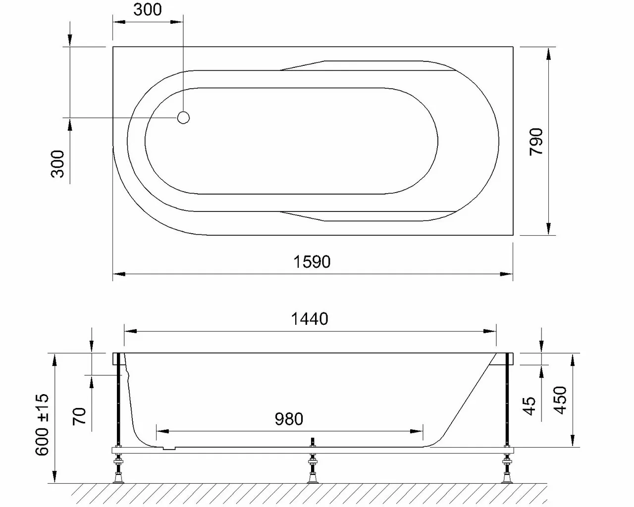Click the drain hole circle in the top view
183,117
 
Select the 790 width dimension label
536,142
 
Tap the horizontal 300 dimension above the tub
147,9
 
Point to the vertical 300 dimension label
58,164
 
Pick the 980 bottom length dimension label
289,419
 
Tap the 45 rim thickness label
529,406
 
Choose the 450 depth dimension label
560,401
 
